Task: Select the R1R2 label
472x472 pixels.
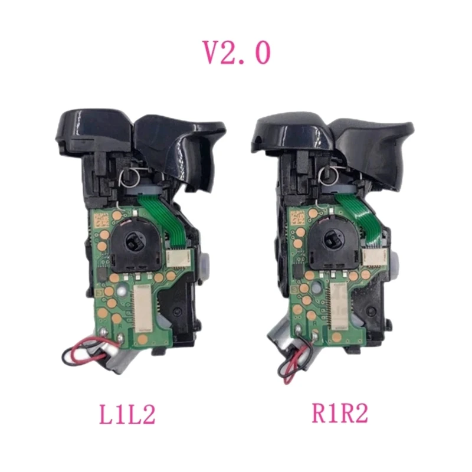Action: [x=339, y=414]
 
